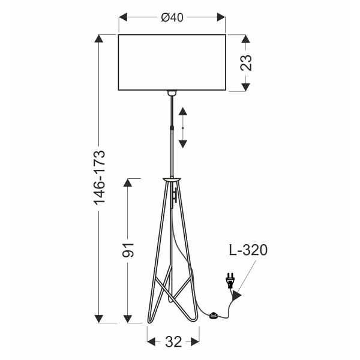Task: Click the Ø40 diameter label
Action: (172, 18)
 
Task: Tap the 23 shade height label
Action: (246, 63)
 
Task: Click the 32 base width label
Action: (173, 342)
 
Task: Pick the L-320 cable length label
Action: (247, 250)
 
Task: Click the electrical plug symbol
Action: (229, 282)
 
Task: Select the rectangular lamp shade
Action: (172, 62)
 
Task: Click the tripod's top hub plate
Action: (172, 179)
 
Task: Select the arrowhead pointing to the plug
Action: (238, 295)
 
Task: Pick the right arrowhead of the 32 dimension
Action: (196, 342)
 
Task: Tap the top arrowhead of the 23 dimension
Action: (246, 39)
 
